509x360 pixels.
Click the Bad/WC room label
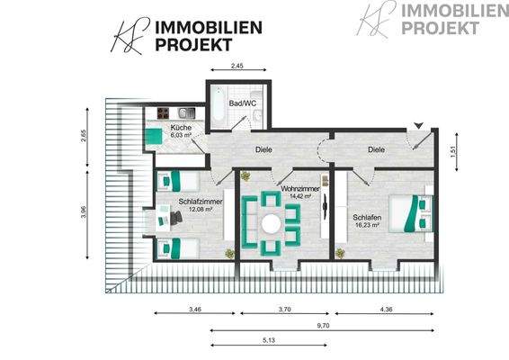point(243,103)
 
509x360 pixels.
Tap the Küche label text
point(181,128)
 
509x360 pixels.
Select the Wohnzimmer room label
point(300,189)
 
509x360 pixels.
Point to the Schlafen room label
point(367,218)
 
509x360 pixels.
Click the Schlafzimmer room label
point(201,202)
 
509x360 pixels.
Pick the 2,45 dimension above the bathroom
point(237,66)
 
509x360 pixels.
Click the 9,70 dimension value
point(323,325)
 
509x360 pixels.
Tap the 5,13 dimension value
point(269,340)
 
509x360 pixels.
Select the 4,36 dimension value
point(386,309)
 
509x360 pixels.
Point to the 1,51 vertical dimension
point(453,152)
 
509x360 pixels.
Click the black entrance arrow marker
point(419,125)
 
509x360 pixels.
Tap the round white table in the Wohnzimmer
point(271,224)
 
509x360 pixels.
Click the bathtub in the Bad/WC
point(218,104)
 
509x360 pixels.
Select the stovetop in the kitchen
point(163,113)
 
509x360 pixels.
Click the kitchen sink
point(187,113)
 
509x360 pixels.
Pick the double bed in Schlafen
point(412,213)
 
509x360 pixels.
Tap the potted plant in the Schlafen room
point(340,254)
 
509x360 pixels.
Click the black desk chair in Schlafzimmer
point(176,218)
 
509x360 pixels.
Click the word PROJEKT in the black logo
point(193,44)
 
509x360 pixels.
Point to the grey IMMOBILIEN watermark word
point(455,11)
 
